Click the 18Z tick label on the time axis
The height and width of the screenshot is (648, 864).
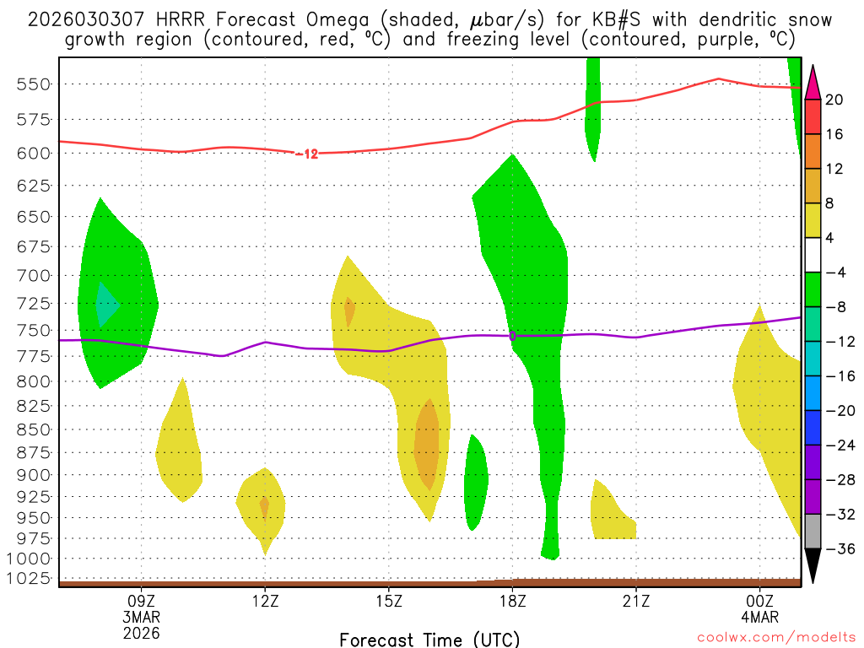coord(512,601)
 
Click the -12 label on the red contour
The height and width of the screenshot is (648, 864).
coord(308,154)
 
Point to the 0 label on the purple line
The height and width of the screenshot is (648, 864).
coord(512,336)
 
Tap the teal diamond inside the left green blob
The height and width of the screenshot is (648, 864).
coord(107,305)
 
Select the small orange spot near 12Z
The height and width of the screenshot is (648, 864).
coord(264,506)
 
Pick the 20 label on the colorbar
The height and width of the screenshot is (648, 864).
coord(834,100)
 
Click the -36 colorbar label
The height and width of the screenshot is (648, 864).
coord(834,548)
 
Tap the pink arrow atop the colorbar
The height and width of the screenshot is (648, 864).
coord(813,82)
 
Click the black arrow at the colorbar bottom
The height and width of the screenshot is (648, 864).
coord(813,565)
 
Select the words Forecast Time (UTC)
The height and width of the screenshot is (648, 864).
coord(429,639)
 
